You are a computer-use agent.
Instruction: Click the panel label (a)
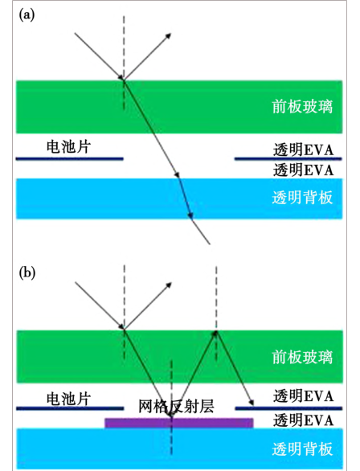(27, 14)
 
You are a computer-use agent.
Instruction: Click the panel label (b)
(27, 273)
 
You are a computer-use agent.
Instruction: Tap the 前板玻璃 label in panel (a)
(302, 107)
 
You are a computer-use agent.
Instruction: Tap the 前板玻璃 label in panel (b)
(302, 358)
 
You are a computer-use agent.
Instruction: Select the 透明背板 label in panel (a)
(302, 198)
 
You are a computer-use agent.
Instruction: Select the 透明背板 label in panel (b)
(302, 448)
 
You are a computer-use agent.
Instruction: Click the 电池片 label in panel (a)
(68, 147)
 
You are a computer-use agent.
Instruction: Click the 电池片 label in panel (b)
(68, 399)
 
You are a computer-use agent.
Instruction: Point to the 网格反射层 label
(176, 407)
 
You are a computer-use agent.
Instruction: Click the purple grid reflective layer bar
(179, 423)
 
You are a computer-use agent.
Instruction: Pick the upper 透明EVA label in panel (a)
(303, 149)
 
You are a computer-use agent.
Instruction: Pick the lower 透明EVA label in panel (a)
(303, 170)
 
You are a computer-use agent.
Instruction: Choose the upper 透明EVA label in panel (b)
(303, 396)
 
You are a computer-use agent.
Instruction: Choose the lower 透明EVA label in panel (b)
(303, 420)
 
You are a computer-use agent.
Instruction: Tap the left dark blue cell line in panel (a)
(69, 158)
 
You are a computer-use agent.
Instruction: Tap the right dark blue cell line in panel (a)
(288, 158)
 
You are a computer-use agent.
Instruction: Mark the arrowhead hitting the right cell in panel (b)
(252, 403)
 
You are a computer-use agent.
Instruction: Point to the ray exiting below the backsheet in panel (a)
(201, 231)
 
